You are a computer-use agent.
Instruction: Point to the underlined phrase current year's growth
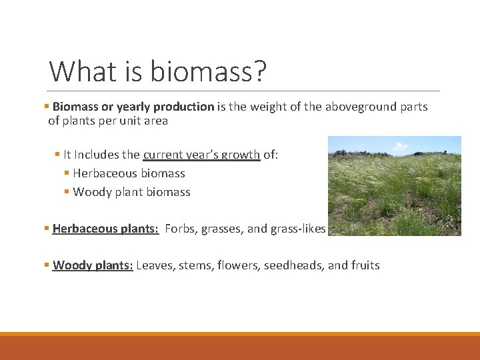[x=201, y=155]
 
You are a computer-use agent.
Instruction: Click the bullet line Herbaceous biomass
[x=129, y=173]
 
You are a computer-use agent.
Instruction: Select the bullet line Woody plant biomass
[x=131, y=192]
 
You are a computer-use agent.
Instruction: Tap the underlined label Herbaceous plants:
[x=105, y=229]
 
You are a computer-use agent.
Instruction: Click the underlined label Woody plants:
[x=93, y=265]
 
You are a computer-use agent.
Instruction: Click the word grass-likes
[x=298, y=229]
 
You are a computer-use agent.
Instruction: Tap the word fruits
[x=365, y=265]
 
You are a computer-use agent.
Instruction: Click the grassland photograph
[x=394, y=193]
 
